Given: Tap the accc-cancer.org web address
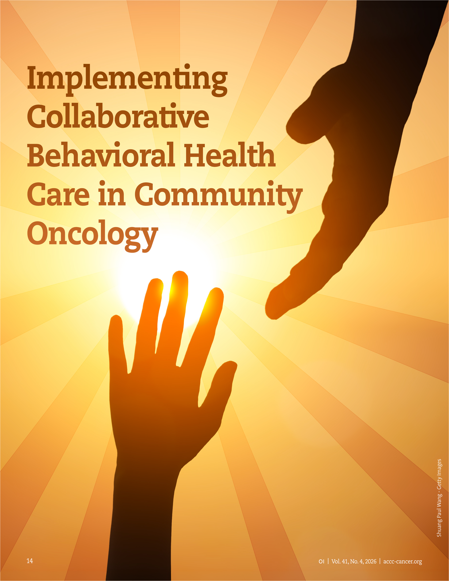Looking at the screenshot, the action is (x=403, y=562).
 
